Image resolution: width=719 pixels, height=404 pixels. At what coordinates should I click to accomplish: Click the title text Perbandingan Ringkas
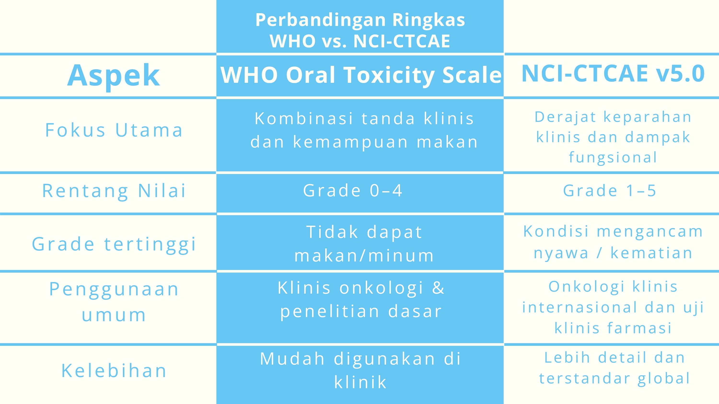(360, 20)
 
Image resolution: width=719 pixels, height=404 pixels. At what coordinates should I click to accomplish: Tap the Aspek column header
(113, 75)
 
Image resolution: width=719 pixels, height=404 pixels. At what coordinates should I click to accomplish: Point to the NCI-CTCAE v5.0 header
(613, 74)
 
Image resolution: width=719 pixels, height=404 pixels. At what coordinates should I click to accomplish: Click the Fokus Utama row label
(114, 130)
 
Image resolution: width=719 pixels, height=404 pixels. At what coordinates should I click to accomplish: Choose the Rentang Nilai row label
(114, 191)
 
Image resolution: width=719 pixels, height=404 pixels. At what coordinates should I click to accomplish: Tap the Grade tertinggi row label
(114, 244)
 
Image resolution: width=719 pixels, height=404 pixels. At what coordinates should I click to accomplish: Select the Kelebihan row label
(114, 371)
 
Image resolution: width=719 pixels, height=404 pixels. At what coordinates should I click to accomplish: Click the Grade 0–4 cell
(353, 191)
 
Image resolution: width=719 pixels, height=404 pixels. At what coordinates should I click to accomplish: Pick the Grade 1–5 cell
(609, 191)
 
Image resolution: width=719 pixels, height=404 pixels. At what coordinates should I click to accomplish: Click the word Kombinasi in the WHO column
(304, 118)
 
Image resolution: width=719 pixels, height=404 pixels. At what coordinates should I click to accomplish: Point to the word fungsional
(613, 157)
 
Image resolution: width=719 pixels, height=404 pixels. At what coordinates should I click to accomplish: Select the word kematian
(651, 253)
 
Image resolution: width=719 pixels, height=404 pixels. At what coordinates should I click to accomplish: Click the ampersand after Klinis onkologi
(438, 288)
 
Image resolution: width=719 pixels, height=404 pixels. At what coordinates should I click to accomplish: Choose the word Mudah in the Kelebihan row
(292, 359)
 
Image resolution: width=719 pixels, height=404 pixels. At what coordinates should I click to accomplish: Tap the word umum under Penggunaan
(114, 315)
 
